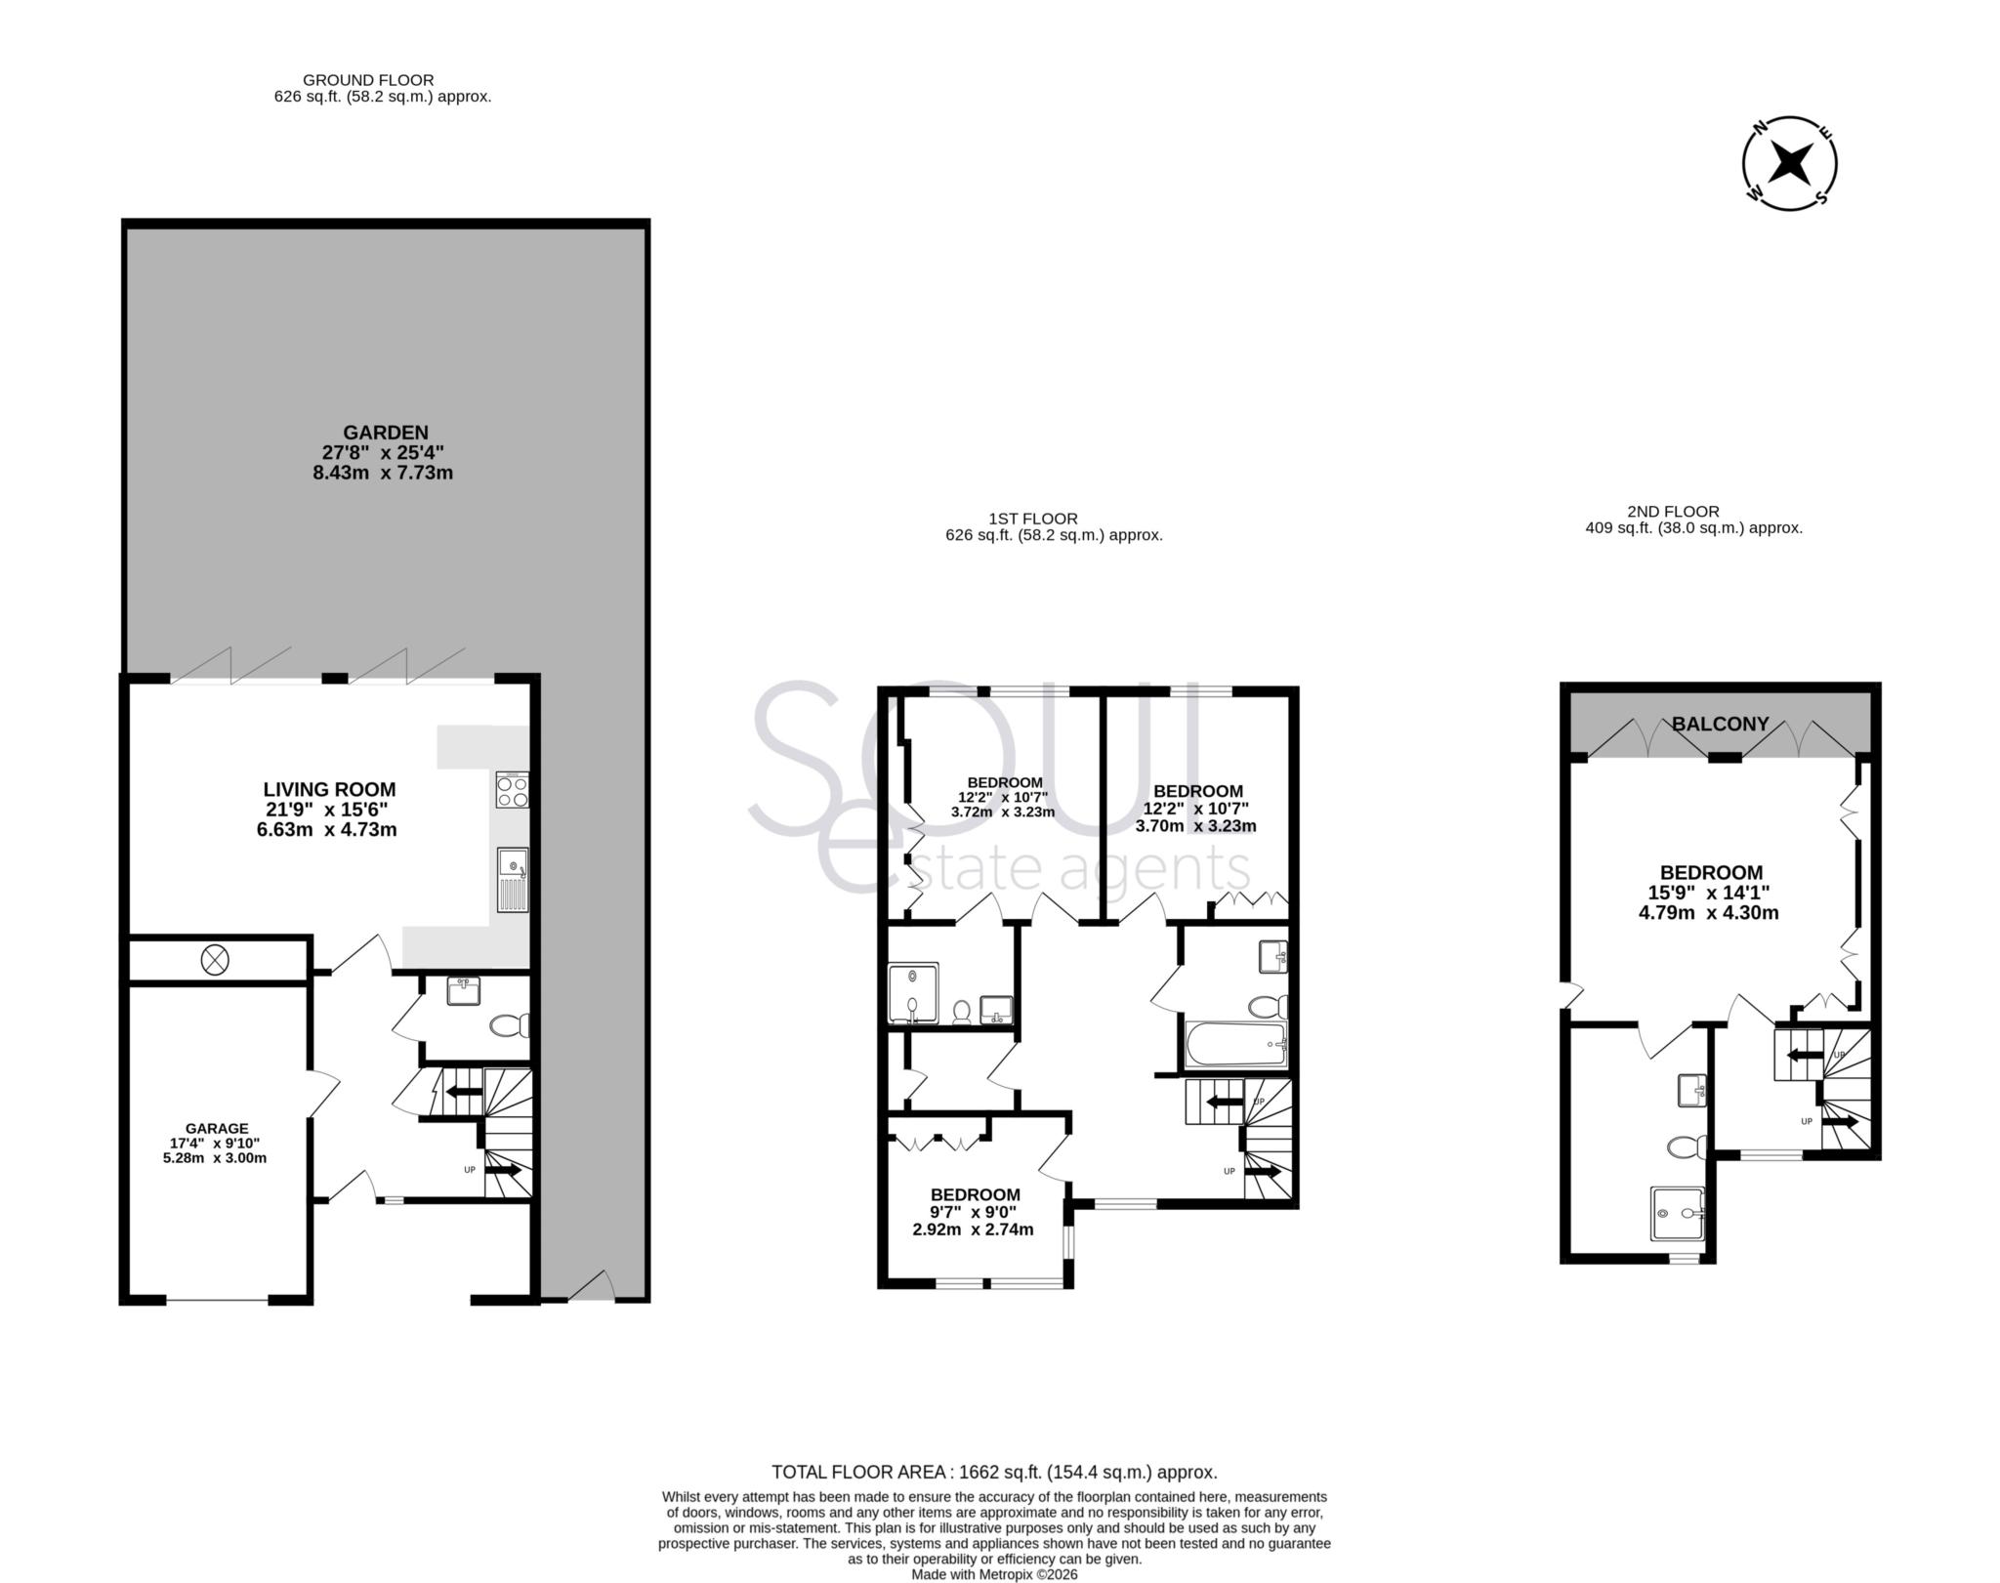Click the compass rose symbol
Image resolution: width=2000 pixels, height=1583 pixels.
click(x=1791, y=162)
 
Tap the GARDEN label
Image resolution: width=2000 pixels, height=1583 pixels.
click(x=386, y=433)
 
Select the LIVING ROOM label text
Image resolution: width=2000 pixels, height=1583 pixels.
click(x=329, y=789)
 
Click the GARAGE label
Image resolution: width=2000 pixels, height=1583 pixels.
click(x=217, y=1128)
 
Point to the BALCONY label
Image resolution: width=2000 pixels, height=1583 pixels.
click(x=1721, y=724)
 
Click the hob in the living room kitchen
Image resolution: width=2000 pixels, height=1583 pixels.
click(x=513, y=789)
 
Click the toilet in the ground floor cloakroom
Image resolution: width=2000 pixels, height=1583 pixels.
click(x=508, y=1025)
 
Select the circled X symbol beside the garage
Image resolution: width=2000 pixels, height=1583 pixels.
click(x=215, y=960)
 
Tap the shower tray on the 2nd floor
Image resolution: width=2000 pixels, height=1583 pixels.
click(x=1677, y=1213)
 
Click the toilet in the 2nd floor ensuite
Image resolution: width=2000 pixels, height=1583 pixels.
click(x=1687, y=1146)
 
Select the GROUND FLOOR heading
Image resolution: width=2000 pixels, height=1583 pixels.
click(x=368, y=80)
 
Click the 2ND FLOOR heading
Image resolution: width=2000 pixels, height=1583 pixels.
click(x=1673, y=511)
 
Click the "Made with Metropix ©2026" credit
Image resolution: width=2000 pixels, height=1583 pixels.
click(x=994, y=1574)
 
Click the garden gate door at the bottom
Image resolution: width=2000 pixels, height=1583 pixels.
click(x=592, y=1289)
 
